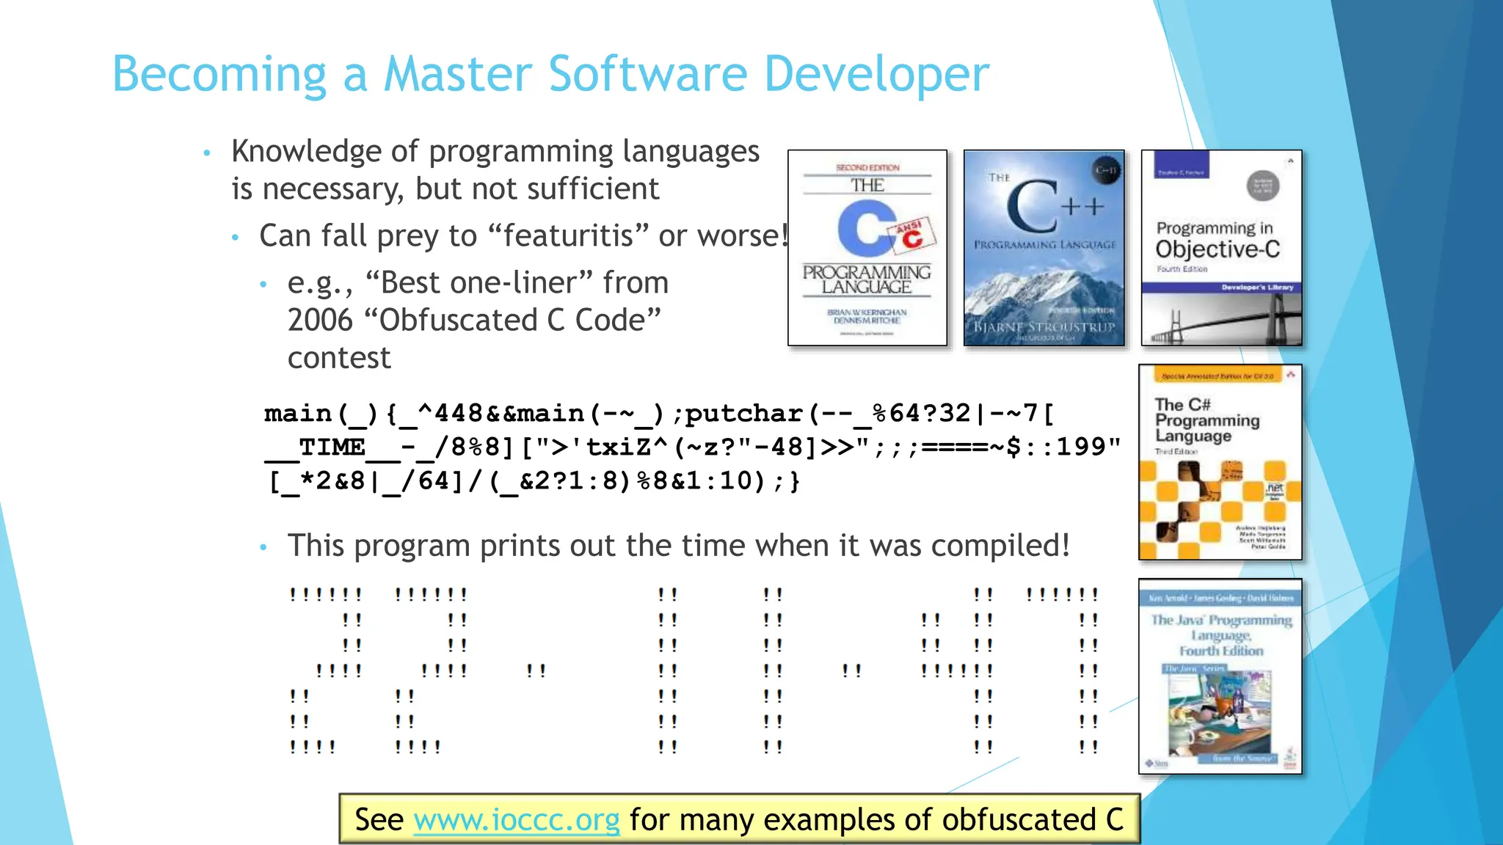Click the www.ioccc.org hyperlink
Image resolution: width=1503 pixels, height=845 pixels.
coord(517,819)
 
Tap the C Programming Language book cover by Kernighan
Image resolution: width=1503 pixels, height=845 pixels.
coord(867,248)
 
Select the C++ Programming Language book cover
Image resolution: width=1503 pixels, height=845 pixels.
coord(1044,248)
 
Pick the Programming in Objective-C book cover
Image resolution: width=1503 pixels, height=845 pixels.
coord(1221,248)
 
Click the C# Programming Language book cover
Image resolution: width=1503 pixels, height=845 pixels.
coord(1220,462)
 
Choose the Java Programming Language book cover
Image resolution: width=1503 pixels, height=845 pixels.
coord(1220,676)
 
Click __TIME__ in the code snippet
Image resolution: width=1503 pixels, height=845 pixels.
coord(332,447)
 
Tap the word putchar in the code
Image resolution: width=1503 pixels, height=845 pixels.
coord(743,414)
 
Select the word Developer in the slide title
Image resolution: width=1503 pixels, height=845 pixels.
coord(876,74)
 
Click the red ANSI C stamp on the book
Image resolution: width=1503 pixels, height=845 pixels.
coord(912,234)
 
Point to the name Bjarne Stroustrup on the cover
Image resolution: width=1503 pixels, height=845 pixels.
coord(1044,326)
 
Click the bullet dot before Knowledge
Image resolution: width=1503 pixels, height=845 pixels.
coord(207,153)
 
